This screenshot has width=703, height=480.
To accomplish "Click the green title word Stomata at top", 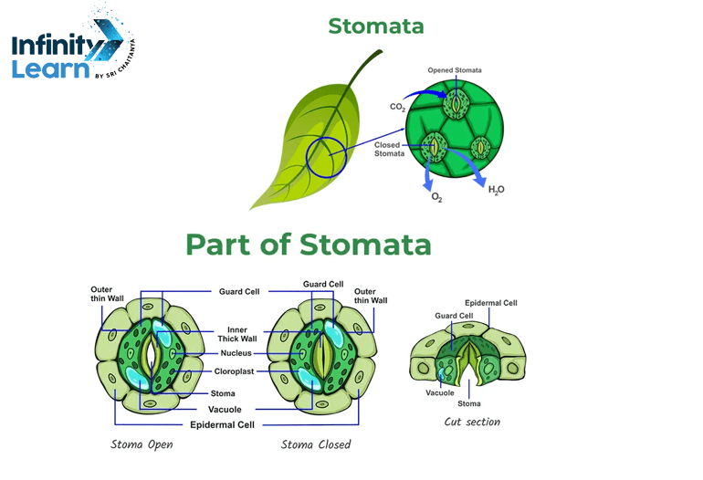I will coord(376,26).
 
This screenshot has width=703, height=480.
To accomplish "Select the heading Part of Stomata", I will coord(309,245).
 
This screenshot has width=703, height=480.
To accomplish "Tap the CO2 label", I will coord(398,107).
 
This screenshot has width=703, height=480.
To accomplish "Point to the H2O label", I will coord(497,189).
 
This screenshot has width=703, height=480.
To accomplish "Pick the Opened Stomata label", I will coord(455,70).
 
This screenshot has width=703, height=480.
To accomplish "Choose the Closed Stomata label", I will coord(389,149).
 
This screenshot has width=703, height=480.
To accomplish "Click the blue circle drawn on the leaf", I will coord(327,158).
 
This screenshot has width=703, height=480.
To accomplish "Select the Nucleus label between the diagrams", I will coord(236,353).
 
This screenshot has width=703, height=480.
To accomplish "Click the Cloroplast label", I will coord(236,371).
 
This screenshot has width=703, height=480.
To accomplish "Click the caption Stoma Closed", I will coord(317,444).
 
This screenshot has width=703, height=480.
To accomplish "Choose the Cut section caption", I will coord(472,422).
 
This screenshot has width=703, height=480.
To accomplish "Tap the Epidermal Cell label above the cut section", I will coord(491,302).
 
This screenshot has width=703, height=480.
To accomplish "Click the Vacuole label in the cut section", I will coord(440,393).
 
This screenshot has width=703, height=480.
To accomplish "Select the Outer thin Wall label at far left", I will coord(101,295).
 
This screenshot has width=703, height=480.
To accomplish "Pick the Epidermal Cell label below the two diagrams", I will coord(222,424).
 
